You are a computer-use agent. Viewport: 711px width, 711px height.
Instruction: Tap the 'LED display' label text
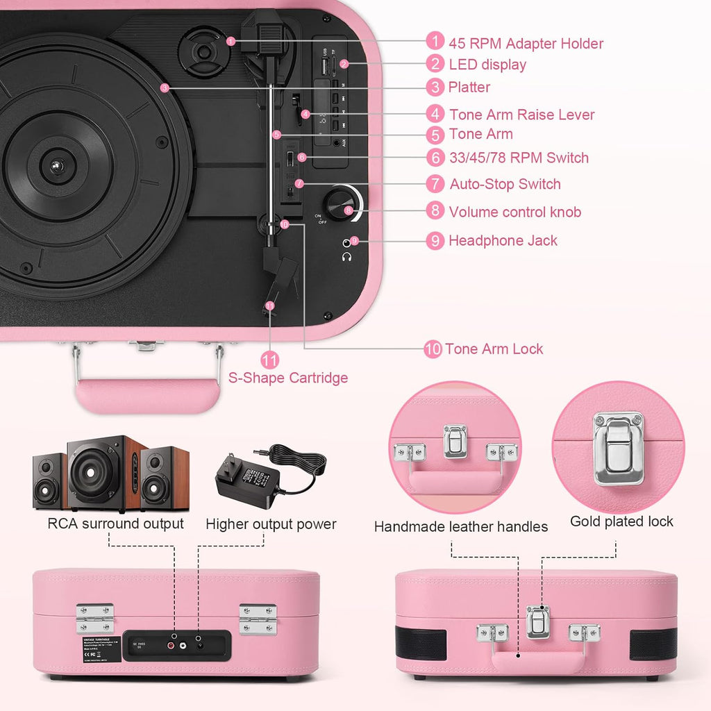coord(487,65)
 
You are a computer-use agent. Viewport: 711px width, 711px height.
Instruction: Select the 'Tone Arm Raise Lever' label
coord(521,115)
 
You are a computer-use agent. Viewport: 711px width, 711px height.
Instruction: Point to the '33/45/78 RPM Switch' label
coord(519,158)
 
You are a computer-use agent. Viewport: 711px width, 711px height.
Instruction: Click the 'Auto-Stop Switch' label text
coord(505,184)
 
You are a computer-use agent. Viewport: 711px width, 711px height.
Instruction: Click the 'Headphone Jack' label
coord(503,241)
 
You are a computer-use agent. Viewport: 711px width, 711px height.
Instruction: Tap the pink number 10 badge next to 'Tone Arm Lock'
coord(433,349)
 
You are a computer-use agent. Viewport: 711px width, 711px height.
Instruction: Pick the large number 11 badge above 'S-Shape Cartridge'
coord(270,360)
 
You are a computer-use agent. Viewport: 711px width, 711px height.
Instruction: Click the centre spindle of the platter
coord(56,166)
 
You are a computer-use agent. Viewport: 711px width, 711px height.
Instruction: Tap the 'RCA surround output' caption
coord(115,524)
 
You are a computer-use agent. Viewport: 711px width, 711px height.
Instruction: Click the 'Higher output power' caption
coord(271,524)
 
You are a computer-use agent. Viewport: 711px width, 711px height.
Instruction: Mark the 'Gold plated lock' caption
coord(621,521)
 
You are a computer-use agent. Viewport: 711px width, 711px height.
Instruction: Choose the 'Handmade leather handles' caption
coord(460,527)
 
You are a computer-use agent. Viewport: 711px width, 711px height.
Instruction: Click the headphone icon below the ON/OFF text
coord(346,256)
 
